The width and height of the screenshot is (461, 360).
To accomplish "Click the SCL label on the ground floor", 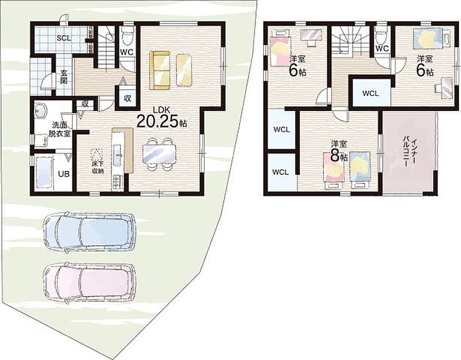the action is (64, 38).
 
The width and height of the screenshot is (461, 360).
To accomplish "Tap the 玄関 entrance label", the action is (64, 77).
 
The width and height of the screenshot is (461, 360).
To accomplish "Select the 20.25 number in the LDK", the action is (157, 121).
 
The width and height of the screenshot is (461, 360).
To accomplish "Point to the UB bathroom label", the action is (63, 174).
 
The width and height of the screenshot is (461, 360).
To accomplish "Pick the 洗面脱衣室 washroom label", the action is (59, 129).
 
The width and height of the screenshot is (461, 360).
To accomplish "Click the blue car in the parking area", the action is (89, 233).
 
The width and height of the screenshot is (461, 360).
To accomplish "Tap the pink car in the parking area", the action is (89, 283).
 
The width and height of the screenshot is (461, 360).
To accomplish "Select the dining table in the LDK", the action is (159, 154).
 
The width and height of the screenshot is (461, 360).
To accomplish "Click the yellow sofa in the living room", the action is (159, 70).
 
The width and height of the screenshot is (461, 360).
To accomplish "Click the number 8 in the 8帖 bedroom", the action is (335, 156).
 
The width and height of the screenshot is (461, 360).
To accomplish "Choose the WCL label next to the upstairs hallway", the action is (370, 94).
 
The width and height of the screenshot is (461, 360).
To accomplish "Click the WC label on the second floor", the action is (382, 49).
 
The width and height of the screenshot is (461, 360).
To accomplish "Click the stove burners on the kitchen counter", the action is (117, 182).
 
